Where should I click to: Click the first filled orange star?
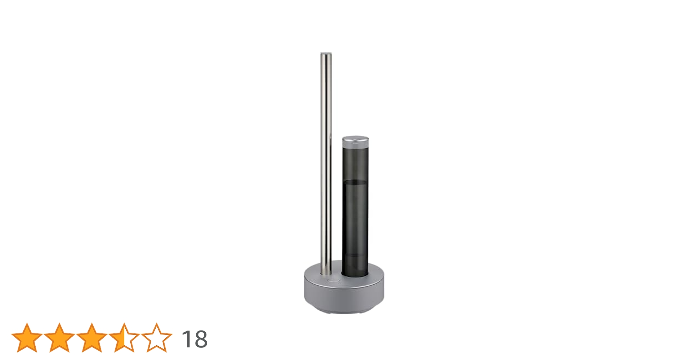(x=27, y=338)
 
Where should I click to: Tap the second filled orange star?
(x=59, y=338)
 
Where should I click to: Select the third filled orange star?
(x=92, y=338)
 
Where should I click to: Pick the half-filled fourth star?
(x=124, y=338)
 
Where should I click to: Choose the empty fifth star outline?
(x=156, y=338)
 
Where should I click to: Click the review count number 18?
(x=195, y=339)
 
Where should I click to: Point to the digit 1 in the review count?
(x=187, y=339)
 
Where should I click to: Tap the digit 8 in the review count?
(x=201, y=339)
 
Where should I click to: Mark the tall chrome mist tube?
(x=326, y=162)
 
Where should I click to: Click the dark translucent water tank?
(x=355, y=216)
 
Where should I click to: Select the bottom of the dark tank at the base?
(x=355, y=274)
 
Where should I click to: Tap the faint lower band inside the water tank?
(x=355, y=255)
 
